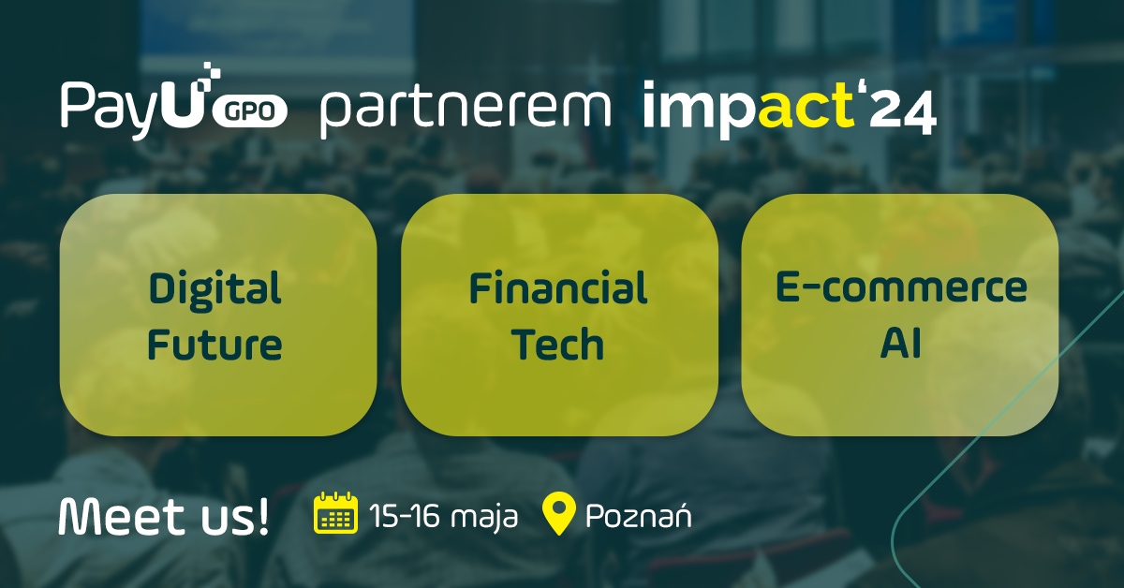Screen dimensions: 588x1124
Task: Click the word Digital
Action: [214, 289]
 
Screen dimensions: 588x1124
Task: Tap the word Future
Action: [214, 345]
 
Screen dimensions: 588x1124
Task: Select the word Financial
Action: [558, 289]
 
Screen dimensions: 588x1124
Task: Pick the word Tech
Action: [558, 345]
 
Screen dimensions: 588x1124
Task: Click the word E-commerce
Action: [901, 287]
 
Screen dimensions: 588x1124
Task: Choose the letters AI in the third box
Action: [901, 344]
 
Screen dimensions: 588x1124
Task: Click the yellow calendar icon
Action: [334, 513]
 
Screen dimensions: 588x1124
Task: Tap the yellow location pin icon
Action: [559, 514]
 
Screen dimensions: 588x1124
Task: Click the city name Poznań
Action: [638, 515]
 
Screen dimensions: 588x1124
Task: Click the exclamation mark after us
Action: [262, 515]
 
